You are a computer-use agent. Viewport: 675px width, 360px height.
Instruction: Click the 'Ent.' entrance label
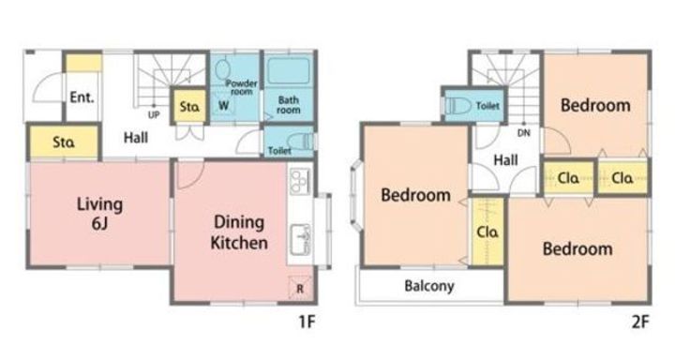click(82, 97)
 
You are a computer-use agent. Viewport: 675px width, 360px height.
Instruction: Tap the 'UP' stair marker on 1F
click(154, 115)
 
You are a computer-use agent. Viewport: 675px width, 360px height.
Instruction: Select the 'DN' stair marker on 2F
click(523, 133)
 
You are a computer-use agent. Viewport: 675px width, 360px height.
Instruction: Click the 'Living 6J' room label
click(100, 213)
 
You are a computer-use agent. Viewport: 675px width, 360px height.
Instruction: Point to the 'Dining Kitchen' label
click(239, 232)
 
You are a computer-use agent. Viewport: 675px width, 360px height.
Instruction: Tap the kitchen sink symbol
click(301, 239)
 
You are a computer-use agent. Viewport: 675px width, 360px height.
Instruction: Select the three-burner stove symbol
click(301, 181)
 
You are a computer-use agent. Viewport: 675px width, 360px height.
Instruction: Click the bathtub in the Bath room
click(289, 71)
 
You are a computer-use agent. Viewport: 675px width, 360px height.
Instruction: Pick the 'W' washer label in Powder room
click(223, 106)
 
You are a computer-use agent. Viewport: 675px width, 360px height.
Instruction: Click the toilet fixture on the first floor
click(300, 141)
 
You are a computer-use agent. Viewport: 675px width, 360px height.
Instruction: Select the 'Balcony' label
click(429, 286)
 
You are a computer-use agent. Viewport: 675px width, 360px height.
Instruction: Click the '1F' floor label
click(307, 322)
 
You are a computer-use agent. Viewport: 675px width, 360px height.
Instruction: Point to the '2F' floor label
click(640, 322)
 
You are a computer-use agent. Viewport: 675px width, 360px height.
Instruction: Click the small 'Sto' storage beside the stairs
click(189, 106)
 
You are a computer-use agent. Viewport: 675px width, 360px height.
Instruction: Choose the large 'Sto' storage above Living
click(64, 142)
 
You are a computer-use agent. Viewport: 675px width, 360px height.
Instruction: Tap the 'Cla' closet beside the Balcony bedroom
click(487, 232)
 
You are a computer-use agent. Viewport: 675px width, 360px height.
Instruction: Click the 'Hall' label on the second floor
click(505, 160)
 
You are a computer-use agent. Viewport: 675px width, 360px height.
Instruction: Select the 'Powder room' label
click(241, 87)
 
